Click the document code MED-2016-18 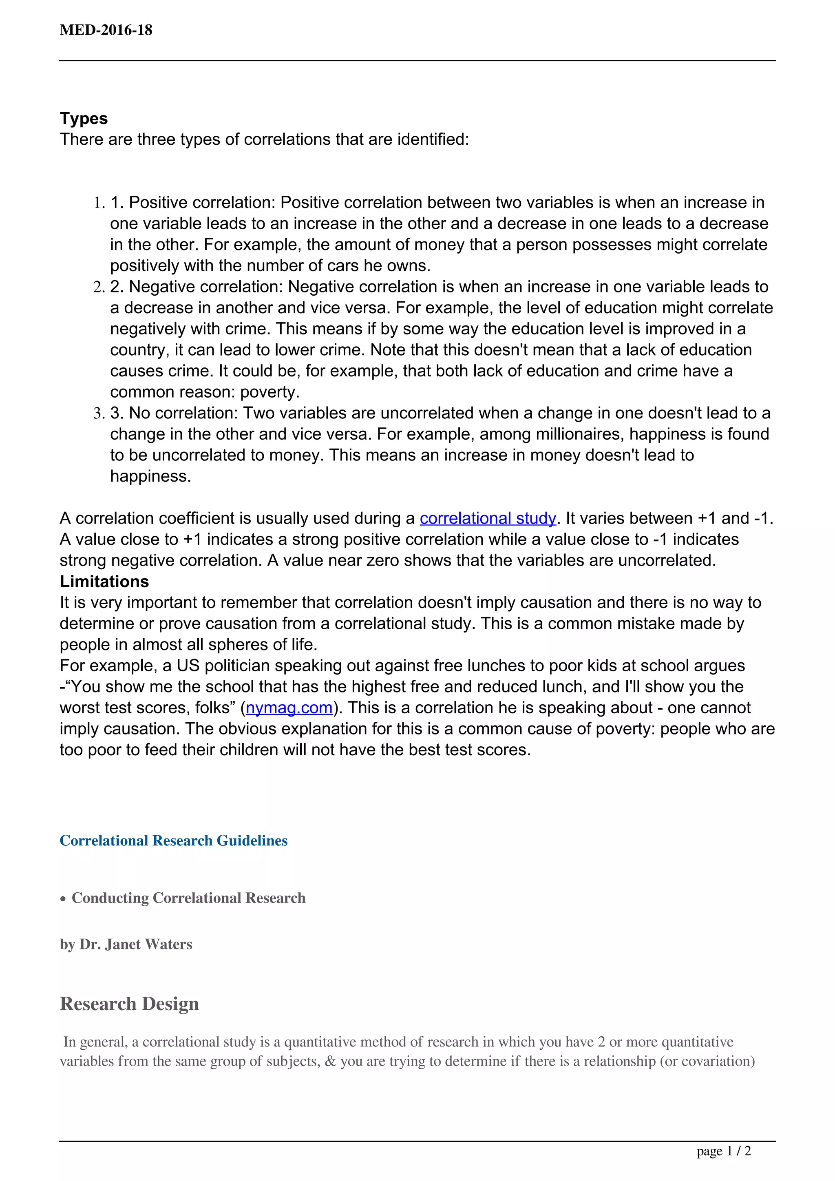coord(106,30)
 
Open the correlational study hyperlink coord(488,518)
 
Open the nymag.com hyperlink coord(289,708)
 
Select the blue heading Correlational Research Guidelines coord(173,840)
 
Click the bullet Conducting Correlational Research coord(188,898)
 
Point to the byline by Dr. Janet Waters coord(126,944)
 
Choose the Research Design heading coord(129,1004)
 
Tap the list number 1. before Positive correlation coord(99,203)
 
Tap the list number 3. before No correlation coord(99,413)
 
